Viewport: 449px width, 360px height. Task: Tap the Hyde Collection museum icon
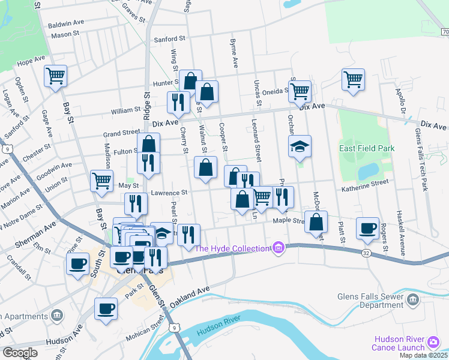click(x=277, y=247)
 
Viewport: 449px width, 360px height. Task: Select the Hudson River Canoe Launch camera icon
click(x=433, y=343)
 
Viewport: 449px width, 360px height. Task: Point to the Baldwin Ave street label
click(x=67, y=23)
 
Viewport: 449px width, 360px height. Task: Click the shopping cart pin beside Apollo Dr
click(x=353, y=79)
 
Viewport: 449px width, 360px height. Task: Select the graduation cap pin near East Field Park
click(x=299, y=146)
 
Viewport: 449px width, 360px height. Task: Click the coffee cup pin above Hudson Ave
click(x=106, y=309)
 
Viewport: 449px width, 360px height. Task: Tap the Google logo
click(x=19, y=352)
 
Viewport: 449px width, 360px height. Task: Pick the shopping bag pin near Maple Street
click(x=316, y=222)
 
